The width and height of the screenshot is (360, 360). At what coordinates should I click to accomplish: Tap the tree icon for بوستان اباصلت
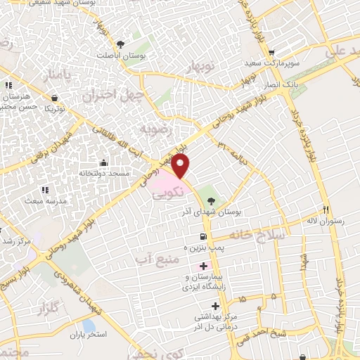121,44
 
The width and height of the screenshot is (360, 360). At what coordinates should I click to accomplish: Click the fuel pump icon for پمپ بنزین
204,236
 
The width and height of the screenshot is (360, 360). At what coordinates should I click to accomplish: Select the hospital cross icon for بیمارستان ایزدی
204,266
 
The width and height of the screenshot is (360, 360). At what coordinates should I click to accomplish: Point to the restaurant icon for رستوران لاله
325,210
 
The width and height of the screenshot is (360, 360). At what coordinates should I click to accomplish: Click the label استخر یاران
87,335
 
